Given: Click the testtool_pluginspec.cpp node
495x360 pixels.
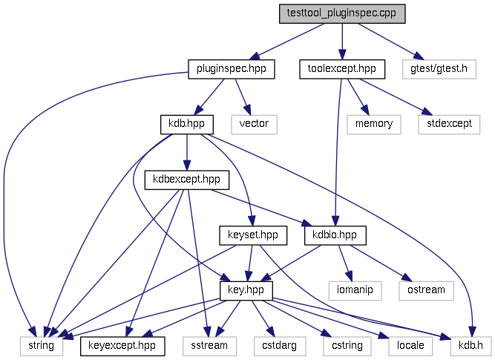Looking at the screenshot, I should coord(341,14).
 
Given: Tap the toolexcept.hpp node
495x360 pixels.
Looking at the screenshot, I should coord(342,69).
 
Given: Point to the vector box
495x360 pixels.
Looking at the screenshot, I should coord(254,124).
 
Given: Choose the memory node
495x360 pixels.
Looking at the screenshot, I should coord(374,124).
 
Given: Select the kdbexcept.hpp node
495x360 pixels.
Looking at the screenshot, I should coord(187,180).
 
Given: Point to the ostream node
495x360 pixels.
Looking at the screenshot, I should coord(426,290).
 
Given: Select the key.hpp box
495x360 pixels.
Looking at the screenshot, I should coord(246,290).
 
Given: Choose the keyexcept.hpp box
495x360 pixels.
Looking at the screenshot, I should coord(122,345).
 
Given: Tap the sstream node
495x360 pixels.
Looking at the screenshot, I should coord(209,345).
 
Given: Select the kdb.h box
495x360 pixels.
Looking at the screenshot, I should coord(469,345).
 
